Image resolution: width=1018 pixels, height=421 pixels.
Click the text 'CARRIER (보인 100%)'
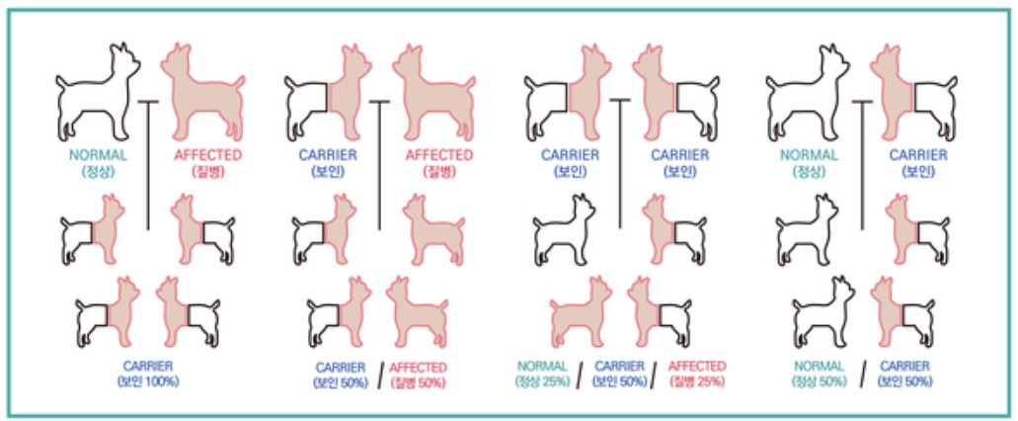[x=148, y=374]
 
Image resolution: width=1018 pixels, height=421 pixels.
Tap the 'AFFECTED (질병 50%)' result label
[x=419, y=375]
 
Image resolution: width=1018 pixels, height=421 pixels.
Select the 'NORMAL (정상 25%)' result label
[x=542, y=374]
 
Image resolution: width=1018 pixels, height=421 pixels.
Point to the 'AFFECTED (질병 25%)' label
[x=697, y=374]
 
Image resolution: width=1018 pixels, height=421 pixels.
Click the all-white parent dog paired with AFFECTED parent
[x=98, y=92]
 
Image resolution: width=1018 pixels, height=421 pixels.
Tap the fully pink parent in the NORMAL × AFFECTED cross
[x=203, y=92]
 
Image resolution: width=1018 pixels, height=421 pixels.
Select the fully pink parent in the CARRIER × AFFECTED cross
[x=433, y=92]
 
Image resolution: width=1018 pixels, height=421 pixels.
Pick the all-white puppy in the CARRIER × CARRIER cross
[x=565, y=229]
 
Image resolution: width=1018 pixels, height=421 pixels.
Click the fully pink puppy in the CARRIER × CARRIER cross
[x=581, y=312]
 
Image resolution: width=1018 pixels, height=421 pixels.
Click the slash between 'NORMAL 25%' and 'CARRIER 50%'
[x=580, y=375]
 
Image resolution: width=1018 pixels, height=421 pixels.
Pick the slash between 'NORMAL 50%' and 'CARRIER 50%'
[x=862, y=375]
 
